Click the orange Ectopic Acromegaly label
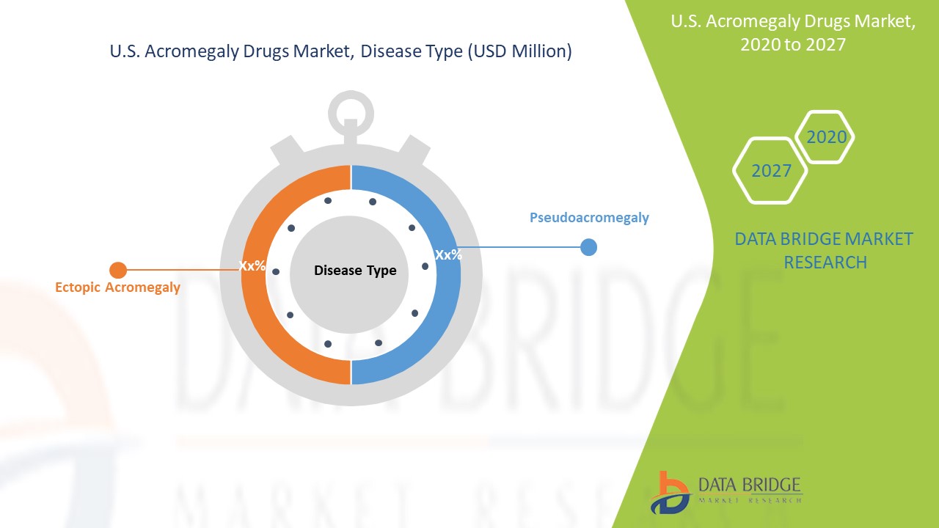[118, 287]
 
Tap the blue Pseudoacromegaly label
[589, 218]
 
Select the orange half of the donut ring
[254, 274]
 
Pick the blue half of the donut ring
[448, 274]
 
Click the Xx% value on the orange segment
[252, 265]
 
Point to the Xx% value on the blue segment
[448, 254]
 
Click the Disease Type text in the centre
[355, 271]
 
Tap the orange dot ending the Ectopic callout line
[118, 271]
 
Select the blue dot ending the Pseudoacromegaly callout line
[588, 247]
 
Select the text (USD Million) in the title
[519, 51]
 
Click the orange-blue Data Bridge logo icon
[670, 493]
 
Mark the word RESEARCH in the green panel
[825, 263]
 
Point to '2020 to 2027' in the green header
[793, 45]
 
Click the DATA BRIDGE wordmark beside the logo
[749, 485]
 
